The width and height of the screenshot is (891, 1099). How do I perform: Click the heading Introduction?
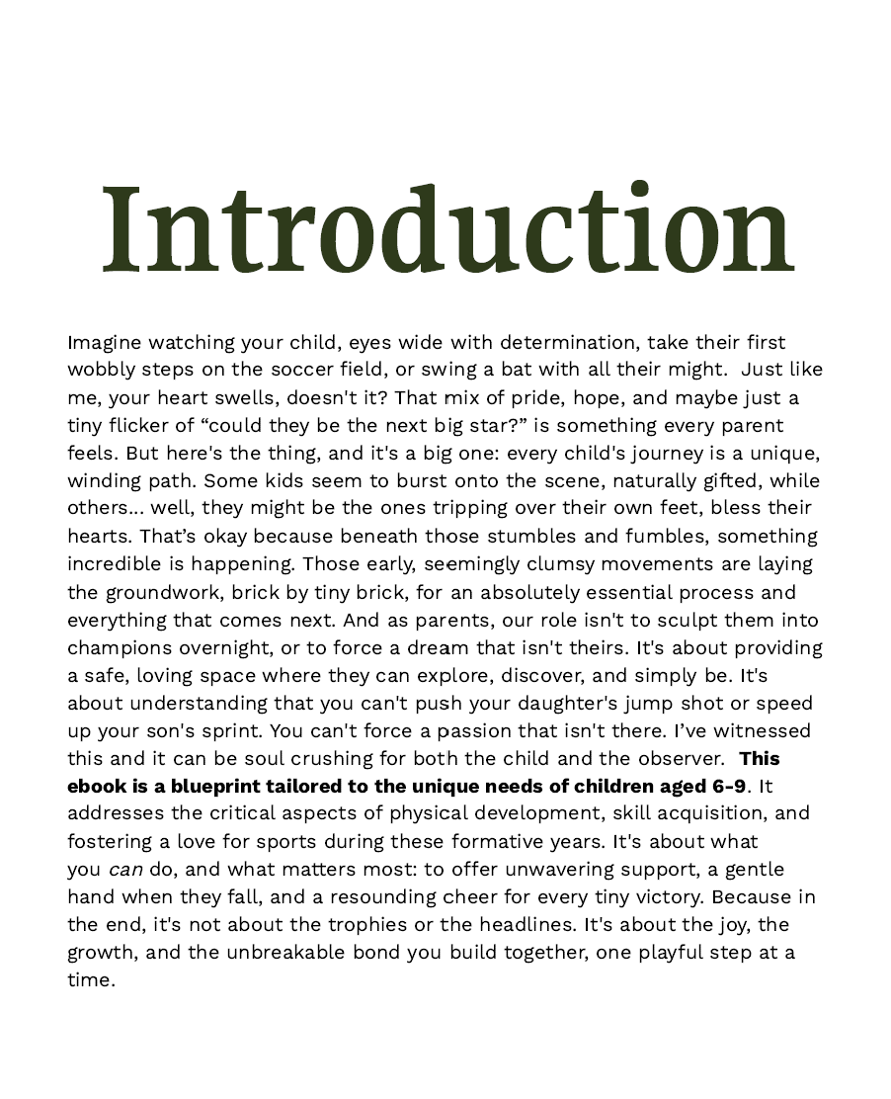(446, 230)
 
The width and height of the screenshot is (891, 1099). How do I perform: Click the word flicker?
(138, 425)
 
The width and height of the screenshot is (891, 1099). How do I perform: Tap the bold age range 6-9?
(728, 786)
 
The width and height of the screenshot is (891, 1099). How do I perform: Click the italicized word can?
(125, 870)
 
